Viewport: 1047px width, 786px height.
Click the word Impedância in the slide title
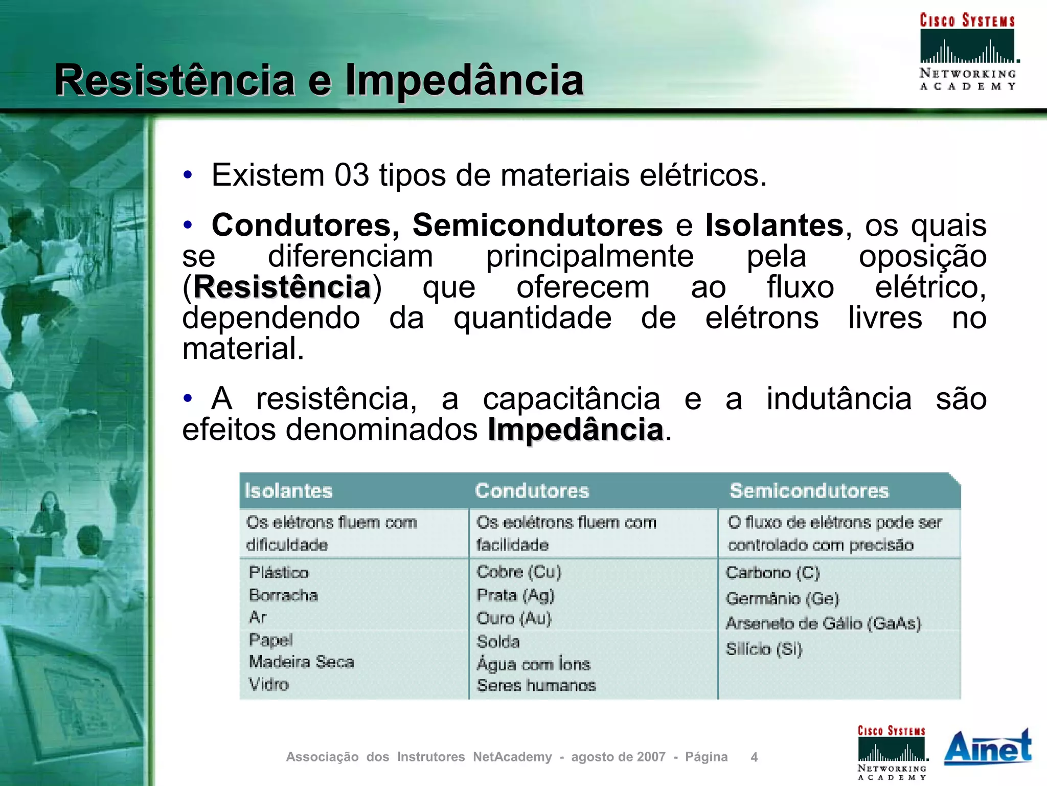464,80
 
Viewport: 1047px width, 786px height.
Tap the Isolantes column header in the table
288,491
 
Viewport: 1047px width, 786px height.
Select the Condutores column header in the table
532,491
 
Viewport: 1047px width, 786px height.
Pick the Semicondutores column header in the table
809,491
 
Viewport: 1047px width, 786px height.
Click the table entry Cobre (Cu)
519,572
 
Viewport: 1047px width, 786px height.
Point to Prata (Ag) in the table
515,595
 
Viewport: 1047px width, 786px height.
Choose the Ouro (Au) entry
514,618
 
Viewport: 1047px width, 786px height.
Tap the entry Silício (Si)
764,649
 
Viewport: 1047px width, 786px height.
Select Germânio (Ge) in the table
782,598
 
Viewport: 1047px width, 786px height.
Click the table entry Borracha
283,595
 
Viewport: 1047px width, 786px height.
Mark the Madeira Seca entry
301,662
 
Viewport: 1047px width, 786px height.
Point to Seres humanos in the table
536,685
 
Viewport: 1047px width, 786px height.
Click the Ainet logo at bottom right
988,748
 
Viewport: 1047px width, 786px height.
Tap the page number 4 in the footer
754,757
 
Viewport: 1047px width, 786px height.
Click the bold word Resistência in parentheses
282,287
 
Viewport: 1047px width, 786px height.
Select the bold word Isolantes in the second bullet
774,225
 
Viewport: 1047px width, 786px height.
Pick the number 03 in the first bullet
352,175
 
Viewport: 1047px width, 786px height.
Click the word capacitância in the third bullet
571,399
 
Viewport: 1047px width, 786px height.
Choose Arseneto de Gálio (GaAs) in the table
823,623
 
